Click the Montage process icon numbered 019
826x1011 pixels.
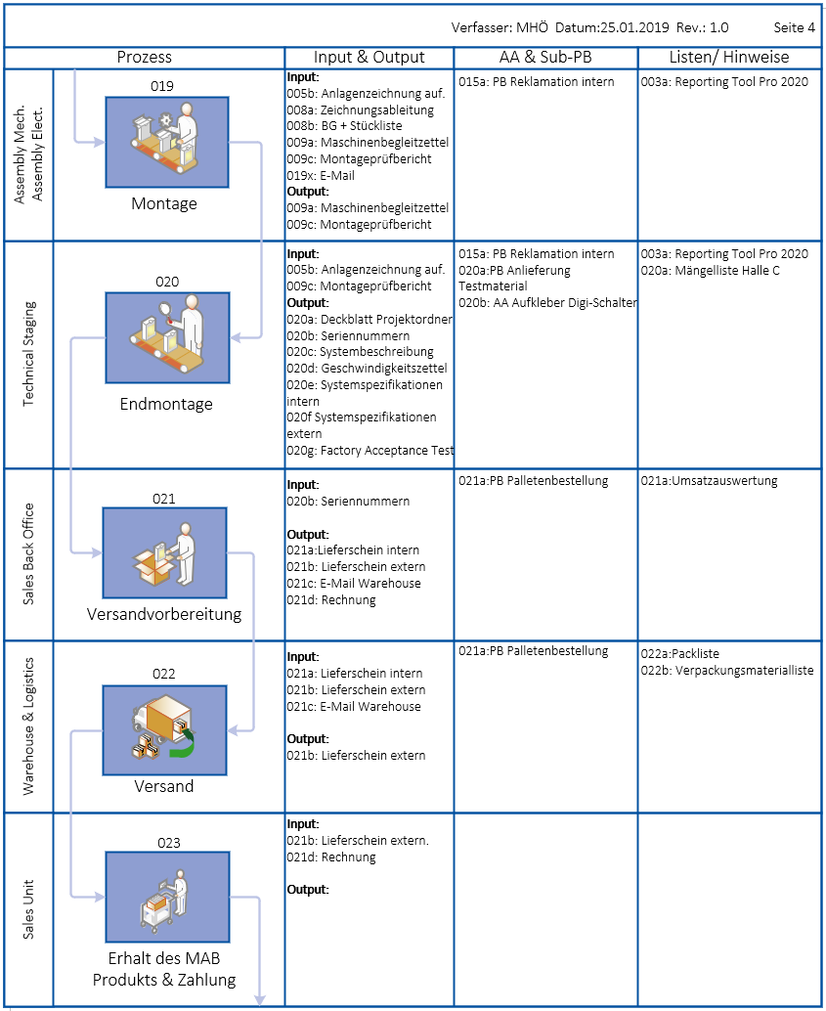[166, 141]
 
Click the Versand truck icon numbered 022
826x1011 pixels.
[164, 724]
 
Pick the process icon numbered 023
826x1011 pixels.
[167, 897]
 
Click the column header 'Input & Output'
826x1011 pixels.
[369, 57]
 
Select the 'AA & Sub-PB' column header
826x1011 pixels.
[545, 57]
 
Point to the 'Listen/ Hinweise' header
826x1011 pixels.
[728, 57]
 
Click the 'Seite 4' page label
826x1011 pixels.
[794, 27]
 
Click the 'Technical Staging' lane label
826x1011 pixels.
[28, 354]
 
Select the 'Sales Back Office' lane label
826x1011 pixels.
[28, 554]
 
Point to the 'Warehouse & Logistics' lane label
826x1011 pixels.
[28, 726]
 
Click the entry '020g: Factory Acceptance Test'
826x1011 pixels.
[370, 451]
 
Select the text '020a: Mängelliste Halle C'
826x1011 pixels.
[710, 271]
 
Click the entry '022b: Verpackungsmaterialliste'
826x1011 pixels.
[726, 671]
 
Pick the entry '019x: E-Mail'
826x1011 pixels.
[321, 176]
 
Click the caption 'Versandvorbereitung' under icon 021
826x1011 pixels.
[164, 615]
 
